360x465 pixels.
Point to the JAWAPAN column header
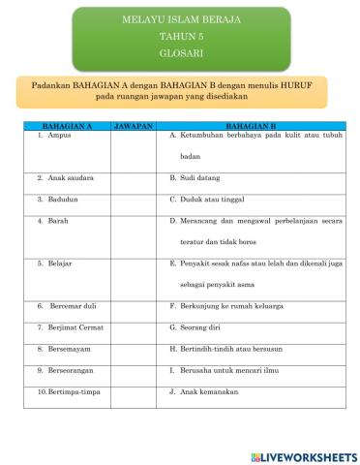coord(134,127)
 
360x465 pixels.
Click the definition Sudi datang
coord(200,179)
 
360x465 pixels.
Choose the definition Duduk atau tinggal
coord(212,200)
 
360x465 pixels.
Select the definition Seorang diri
coord(202,327)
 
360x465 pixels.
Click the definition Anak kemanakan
coord(208,391)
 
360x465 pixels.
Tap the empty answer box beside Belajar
coord(134,274)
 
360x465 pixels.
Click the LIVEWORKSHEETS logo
coord(303,455)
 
